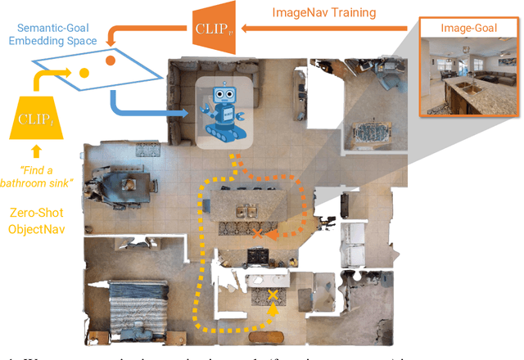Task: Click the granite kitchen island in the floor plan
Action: pyautogui.click(x=246, y=200)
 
